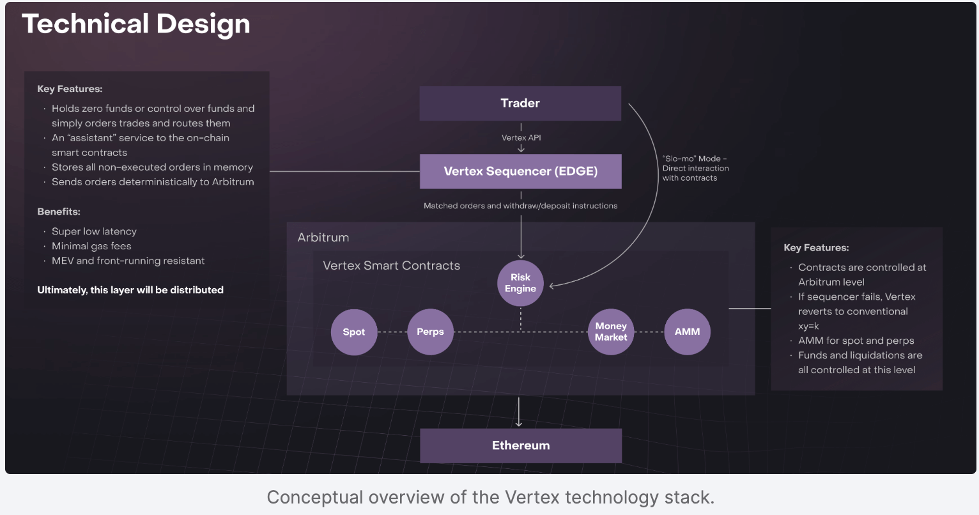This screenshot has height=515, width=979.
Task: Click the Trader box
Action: (520, 104)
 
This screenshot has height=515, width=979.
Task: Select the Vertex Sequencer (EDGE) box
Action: (520, 171)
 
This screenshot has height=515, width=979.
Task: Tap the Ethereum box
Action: (520, 445)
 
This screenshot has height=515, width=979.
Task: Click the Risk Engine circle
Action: (520, 283)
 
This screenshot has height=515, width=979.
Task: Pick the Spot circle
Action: (353, 332)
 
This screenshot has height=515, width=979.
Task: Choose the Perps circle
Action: (430, 332)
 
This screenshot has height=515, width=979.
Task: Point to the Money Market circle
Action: (610, 332)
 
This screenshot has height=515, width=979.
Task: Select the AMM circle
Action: (687, 332)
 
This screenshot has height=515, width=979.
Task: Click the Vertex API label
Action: (521, 138)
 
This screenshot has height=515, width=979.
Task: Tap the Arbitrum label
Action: (323, 238)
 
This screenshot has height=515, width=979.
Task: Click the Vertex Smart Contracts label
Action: (391, 266)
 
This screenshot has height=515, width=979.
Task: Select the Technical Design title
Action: (136, 24)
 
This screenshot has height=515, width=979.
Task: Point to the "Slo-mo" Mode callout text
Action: (695, 168)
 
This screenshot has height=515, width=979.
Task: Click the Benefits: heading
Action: (59, 211)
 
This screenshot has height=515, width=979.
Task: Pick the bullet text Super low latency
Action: (94, 231)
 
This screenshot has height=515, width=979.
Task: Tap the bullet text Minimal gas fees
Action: (91, 246)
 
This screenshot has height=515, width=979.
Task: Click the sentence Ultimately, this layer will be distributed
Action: (130, 290)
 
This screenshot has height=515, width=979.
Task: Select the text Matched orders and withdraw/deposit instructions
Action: (520, 206)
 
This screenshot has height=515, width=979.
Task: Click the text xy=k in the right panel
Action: (808, 326)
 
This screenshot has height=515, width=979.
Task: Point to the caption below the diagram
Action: (490, 497)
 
